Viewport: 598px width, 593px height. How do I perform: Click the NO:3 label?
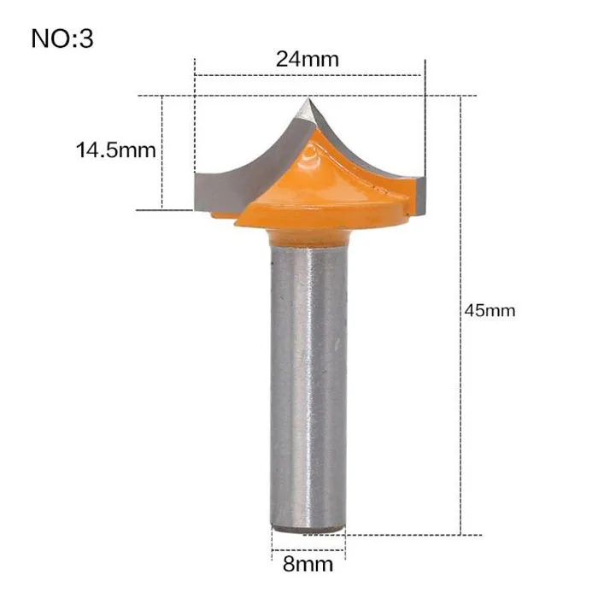click(x=62, y=38)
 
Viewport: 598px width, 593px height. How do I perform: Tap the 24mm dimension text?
click(x=308, y=59)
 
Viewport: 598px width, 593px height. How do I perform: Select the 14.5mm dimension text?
click(x=116, y=150)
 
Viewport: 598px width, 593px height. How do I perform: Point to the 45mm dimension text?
click(x=490, y=310)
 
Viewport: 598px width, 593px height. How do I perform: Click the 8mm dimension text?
click(x=308, y=564)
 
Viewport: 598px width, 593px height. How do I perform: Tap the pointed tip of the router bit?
click(x=308, y=99)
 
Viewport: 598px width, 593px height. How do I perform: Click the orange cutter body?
click(x=324, y=191)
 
